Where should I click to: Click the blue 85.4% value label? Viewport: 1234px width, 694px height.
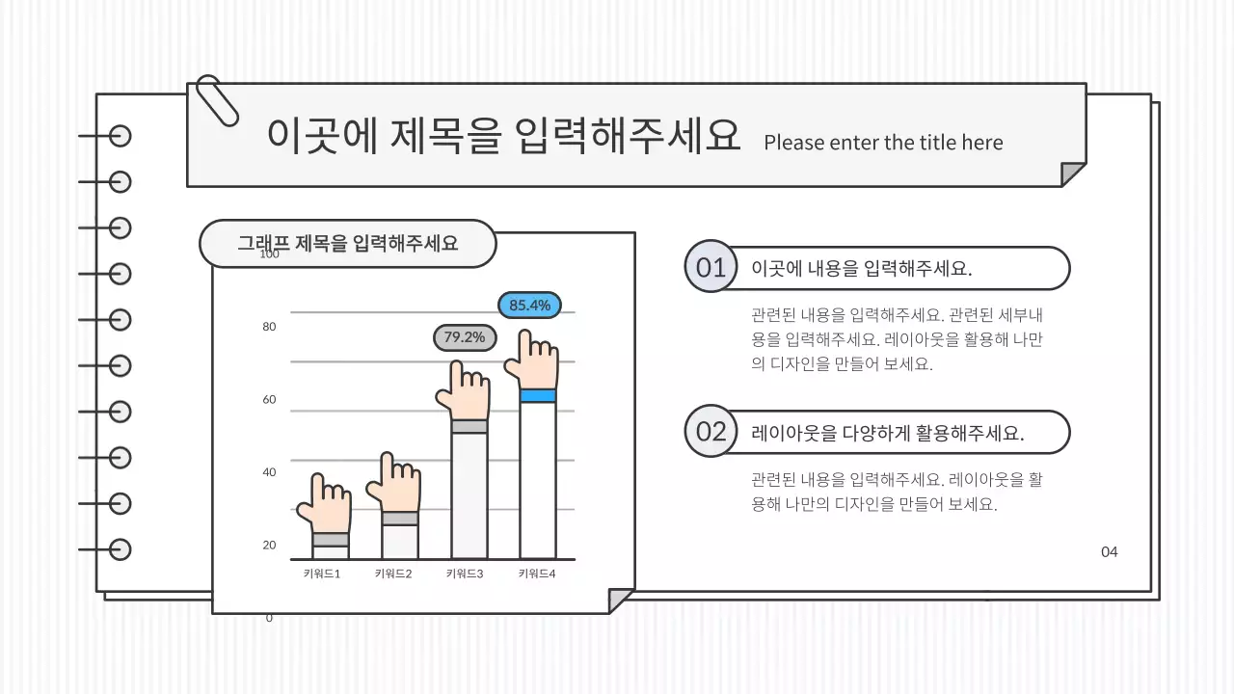(x=529, y=306)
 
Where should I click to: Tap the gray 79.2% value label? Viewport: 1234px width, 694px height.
(x=464, y=337)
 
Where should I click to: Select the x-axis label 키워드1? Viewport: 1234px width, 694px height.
(x=322, y=574)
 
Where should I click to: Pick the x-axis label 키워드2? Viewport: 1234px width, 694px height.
(x=393, y=574)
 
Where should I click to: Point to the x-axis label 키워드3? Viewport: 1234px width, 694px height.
(x=465, y=574)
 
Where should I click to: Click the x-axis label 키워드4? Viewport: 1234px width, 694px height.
(x=537, y=574)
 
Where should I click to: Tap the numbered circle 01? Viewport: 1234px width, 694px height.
(x=711, y=267)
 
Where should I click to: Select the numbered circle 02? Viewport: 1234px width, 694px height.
(x=711, y=431)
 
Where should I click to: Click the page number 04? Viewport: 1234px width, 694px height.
(x=1110, y=552)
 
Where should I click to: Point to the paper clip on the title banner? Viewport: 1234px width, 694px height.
(x=217, y=100)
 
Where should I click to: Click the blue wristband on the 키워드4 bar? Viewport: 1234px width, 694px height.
(x=538, y=395)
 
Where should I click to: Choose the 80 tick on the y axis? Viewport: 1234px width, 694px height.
(x=269, y=327)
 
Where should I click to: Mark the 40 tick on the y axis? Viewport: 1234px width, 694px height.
(x=269, y=472)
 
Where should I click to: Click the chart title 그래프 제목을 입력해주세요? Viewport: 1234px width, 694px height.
(x=347, y=243)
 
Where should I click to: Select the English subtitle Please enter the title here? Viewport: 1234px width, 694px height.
(x=883, y=143)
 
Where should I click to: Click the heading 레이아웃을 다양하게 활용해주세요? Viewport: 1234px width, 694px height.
(x=887, y=433)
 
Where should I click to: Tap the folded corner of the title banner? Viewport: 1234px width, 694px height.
(x=1073, y=174)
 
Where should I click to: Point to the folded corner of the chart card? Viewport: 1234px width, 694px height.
(x=621, y=601)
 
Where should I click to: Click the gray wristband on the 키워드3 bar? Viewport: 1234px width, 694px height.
(x=469, y=426)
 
